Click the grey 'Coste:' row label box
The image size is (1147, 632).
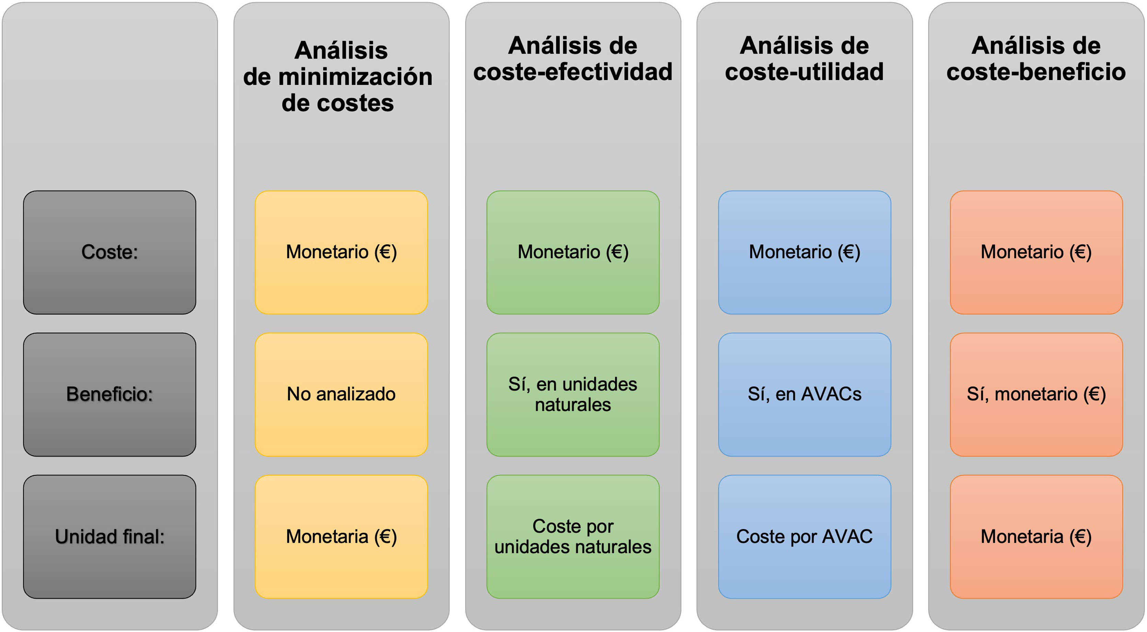(110, 252)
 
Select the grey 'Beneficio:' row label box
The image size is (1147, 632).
(110, 394)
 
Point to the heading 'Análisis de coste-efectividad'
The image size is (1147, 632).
(573, 59)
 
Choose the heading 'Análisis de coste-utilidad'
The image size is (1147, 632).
(804, 59)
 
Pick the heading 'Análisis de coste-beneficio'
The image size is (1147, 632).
(1036, 59)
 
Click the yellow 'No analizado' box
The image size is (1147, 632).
(341, 394)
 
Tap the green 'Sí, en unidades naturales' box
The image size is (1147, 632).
(573, 394)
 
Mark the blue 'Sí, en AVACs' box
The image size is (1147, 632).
(804, 394)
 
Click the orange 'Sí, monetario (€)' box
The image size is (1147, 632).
(1036, 394)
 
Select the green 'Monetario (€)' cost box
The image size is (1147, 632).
(573, 252)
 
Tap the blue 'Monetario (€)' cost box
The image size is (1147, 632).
(804, 252)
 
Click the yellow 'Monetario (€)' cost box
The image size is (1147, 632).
(341, 252)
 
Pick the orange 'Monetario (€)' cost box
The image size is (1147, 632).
(1036, 252)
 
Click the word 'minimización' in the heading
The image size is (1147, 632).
(355, 77)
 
